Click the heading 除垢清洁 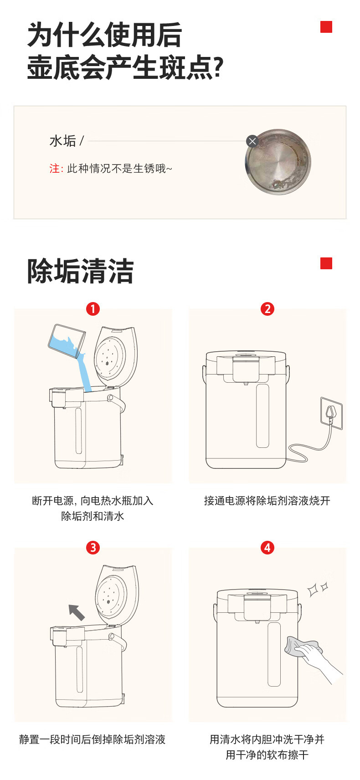click(x=80, y=271)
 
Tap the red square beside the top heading click(x=326, y=27)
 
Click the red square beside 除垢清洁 click(x=326, y=263)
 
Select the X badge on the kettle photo click(x=252, y=141)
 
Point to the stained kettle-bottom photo click(x=278, y=162)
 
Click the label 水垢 click(x=63, y=141)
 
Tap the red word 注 click(x=54, y=169)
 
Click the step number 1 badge click(x=93, y=309)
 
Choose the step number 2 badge click(x=267, y=309)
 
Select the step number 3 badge click(x=93, y=548)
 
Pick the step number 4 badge click(x=267, y=548)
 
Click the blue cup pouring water click(x=67, y=341)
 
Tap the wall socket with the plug click(x=331, y=413)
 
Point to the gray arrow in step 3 click(x=77, y=612)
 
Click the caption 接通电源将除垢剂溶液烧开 click(x=267, y=501)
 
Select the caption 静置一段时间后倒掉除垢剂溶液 click(x=92, y=739)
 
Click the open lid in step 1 click(x=116, y=356)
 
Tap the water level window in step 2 click(x=262, y=416)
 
